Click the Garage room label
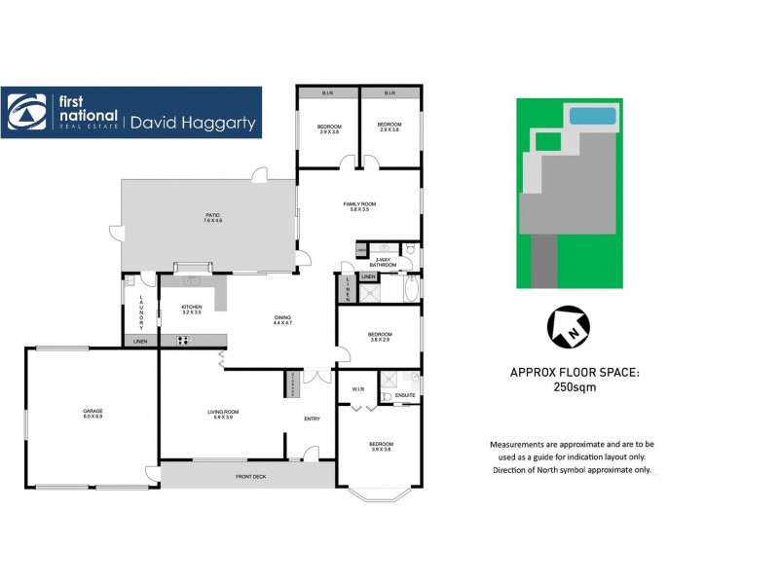[93, 413]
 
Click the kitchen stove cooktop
[183, 340]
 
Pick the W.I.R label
[357, 390]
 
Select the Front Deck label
[250, 477]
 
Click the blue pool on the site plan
[591, 117]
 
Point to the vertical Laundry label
[140, 311]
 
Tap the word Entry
[312, 420]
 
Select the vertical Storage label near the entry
[293, 384]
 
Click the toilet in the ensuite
[387, 396]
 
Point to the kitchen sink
[191, 280]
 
